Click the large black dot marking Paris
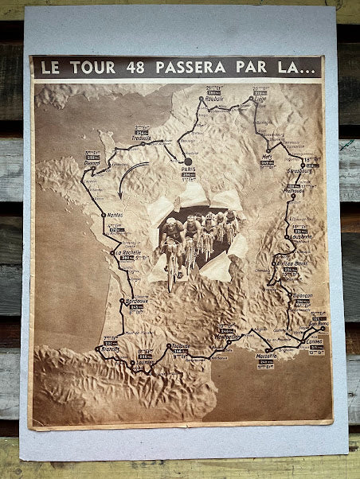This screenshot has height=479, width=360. (188, 161)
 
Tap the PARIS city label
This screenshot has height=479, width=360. (190, 169)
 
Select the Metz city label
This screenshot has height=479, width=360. (267, 157)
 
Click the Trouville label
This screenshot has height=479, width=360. (141, 137)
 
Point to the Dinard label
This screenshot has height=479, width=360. (93, 162)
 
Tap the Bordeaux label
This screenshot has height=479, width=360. (136, 301)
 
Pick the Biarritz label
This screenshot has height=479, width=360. (109, 349)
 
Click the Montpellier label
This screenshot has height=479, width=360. (228, 337)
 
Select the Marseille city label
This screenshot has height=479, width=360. (267, 355)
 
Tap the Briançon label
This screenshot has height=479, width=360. (303, 294)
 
